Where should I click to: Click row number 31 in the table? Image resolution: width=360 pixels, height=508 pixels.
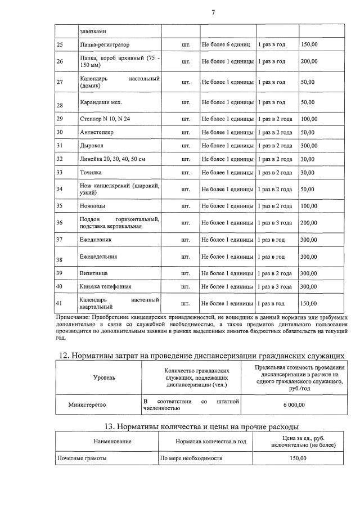60,146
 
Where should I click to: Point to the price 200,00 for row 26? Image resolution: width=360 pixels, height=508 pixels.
309,61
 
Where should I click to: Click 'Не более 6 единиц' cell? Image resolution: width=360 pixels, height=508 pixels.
226,44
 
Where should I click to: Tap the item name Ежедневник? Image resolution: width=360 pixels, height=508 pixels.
96,239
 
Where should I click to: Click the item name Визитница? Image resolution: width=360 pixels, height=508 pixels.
94,273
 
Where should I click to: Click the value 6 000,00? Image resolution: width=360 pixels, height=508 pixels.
294,404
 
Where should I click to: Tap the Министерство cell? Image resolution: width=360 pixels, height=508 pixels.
87,404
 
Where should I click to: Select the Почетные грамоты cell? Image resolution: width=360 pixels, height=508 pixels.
82,458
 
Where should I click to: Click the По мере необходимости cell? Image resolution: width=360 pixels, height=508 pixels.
191,458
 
